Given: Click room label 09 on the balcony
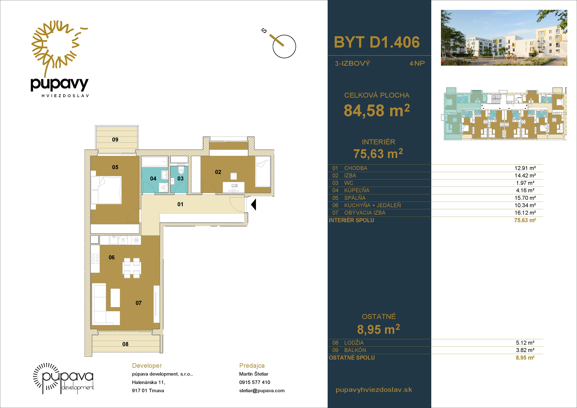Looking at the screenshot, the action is pos(115,140).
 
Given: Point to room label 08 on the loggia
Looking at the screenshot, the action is pos(125,344).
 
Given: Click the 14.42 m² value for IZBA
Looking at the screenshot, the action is pos(525,175).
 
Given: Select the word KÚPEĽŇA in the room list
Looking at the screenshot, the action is pos(357,190).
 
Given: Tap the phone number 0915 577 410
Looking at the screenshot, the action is pos(255,382).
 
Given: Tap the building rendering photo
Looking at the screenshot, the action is pos(504,38).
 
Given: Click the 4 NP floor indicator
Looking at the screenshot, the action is pos(417,63).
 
